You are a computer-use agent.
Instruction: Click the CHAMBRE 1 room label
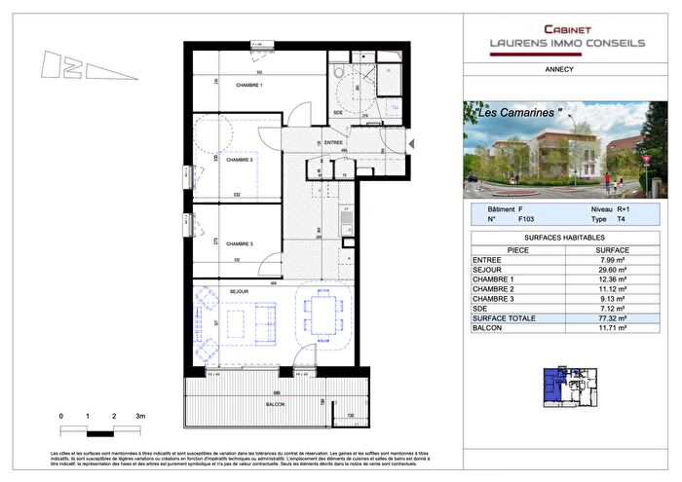coord(249,86)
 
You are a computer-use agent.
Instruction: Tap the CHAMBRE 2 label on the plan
coord(239,160)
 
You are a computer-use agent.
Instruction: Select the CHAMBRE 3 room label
coord(239,243)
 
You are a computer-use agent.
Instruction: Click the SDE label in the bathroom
coord(338,113)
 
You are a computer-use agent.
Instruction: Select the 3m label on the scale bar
coord(140,416)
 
